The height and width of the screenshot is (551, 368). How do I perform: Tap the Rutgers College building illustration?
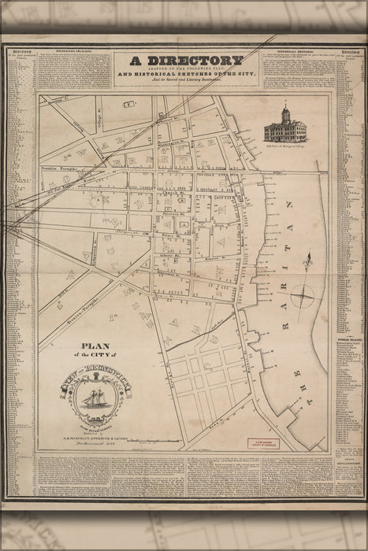pos(285,125)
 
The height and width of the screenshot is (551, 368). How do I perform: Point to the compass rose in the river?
pos(302,297)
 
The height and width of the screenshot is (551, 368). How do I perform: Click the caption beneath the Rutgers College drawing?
pos(286,146)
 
